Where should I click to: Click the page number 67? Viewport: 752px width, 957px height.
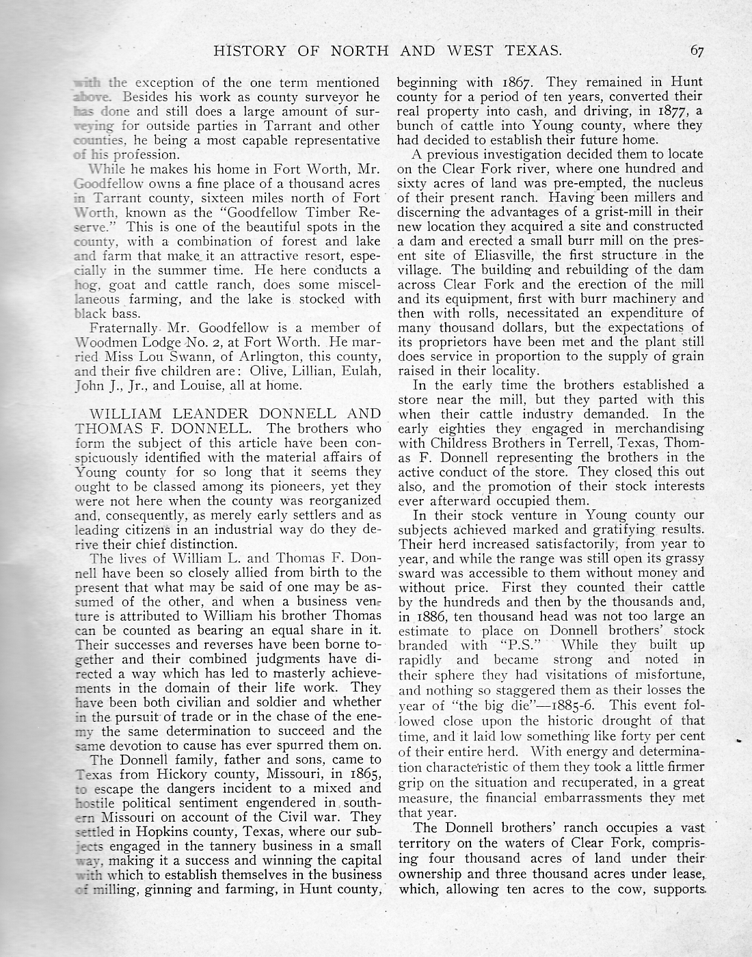[697, 49]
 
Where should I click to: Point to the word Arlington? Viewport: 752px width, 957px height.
[256, 357]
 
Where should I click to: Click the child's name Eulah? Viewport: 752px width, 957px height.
[358, 372]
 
